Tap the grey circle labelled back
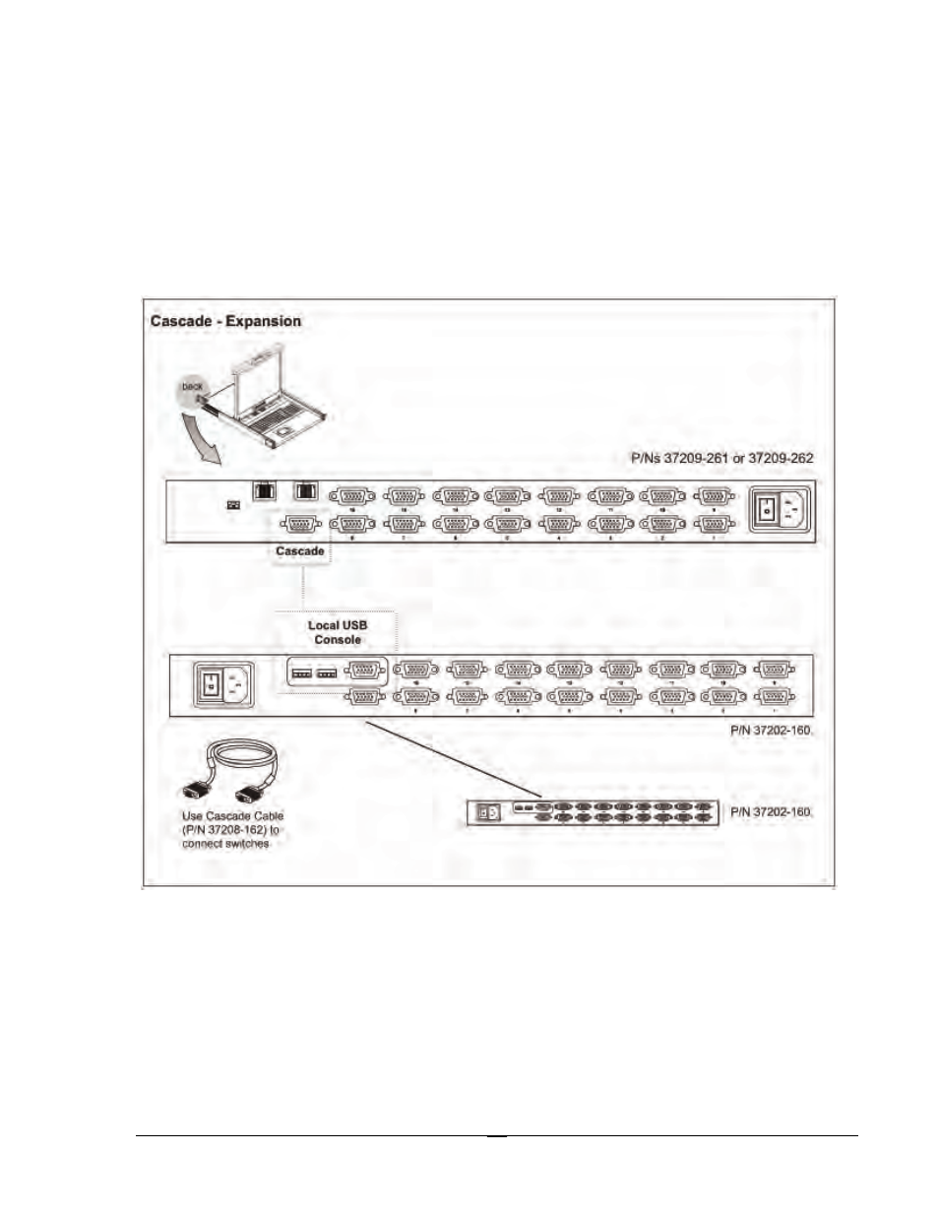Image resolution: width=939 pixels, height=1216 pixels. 192,389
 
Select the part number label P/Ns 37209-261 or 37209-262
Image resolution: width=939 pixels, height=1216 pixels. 721,458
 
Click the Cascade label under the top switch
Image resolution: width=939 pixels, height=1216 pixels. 300,551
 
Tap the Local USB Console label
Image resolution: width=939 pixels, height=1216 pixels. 338,632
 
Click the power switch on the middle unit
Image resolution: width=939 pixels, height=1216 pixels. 210,684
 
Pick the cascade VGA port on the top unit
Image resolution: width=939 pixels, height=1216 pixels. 301,524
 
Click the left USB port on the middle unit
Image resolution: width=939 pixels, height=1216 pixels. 302,673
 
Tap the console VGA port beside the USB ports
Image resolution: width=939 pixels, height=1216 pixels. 365,671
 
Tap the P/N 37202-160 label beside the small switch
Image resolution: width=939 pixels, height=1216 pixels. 771,812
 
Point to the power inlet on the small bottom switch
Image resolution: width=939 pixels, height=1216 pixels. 487,812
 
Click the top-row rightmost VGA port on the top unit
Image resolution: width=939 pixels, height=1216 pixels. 715,496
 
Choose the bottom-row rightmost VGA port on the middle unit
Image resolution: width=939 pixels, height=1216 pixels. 774,697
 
